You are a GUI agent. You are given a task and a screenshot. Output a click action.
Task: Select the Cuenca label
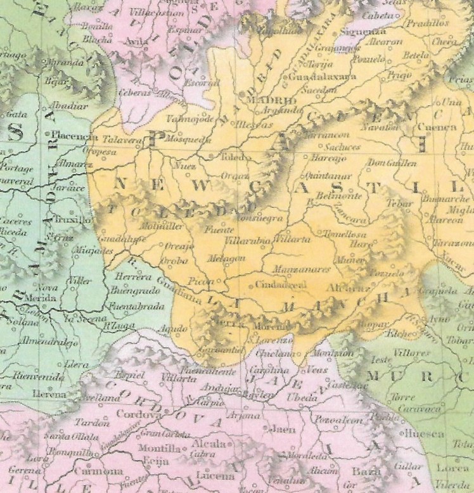[437, 127]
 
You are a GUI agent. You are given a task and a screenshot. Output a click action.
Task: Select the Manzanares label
[301, 269]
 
